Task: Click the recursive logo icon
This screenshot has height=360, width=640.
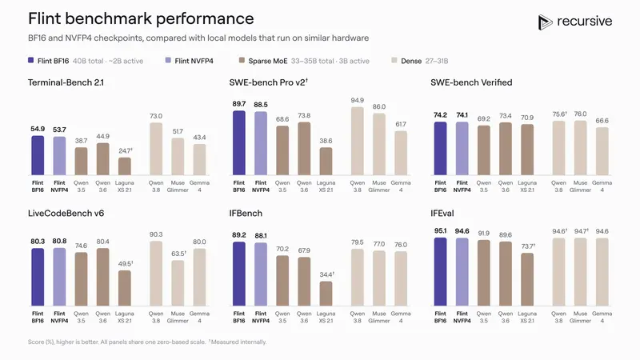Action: (x=545, y=22)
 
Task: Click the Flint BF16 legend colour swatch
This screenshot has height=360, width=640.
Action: (x=30, y=61)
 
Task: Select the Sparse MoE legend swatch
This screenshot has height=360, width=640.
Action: (x=242, y=61)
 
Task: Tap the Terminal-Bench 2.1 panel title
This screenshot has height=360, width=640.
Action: (x=66, y=82)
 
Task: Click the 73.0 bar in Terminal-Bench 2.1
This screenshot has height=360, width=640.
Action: (x=156, y=149)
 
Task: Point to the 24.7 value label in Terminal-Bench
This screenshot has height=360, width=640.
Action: (x=126, y=150)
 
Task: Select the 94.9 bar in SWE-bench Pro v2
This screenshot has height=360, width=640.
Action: (x=357, y=142)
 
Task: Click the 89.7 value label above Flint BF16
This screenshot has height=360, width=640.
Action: (x=238, y=104)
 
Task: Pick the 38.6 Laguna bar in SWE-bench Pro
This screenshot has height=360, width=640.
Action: (x=326, y=162)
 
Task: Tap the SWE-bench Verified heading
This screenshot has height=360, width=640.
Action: (x=471, y=82)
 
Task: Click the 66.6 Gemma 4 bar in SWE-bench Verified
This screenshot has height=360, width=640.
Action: (x=602, y=151)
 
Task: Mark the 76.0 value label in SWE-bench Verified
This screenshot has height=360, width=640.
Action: (x=580, y=114)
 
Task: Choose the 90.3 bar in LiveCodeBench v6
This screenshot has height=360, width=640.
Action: (x=156, y=274)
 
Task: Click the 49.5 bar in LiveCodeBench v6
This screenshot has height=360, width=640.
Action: (x=125, y=288)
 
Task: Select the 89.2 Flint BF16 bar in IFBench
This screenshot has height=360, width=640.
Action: (x=238, y=274)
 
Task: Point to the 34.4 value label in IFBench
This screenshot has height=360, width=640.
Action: (x=326, y=274)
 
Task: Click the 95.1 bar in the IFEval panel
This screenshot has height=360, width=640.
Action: (x=441, y=272)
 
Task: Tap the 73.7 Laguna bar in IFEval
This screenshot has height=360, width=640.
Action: (x=527, y=279)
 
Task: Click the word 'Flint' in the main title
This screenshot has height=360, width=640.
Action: (x=44, y=18)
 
